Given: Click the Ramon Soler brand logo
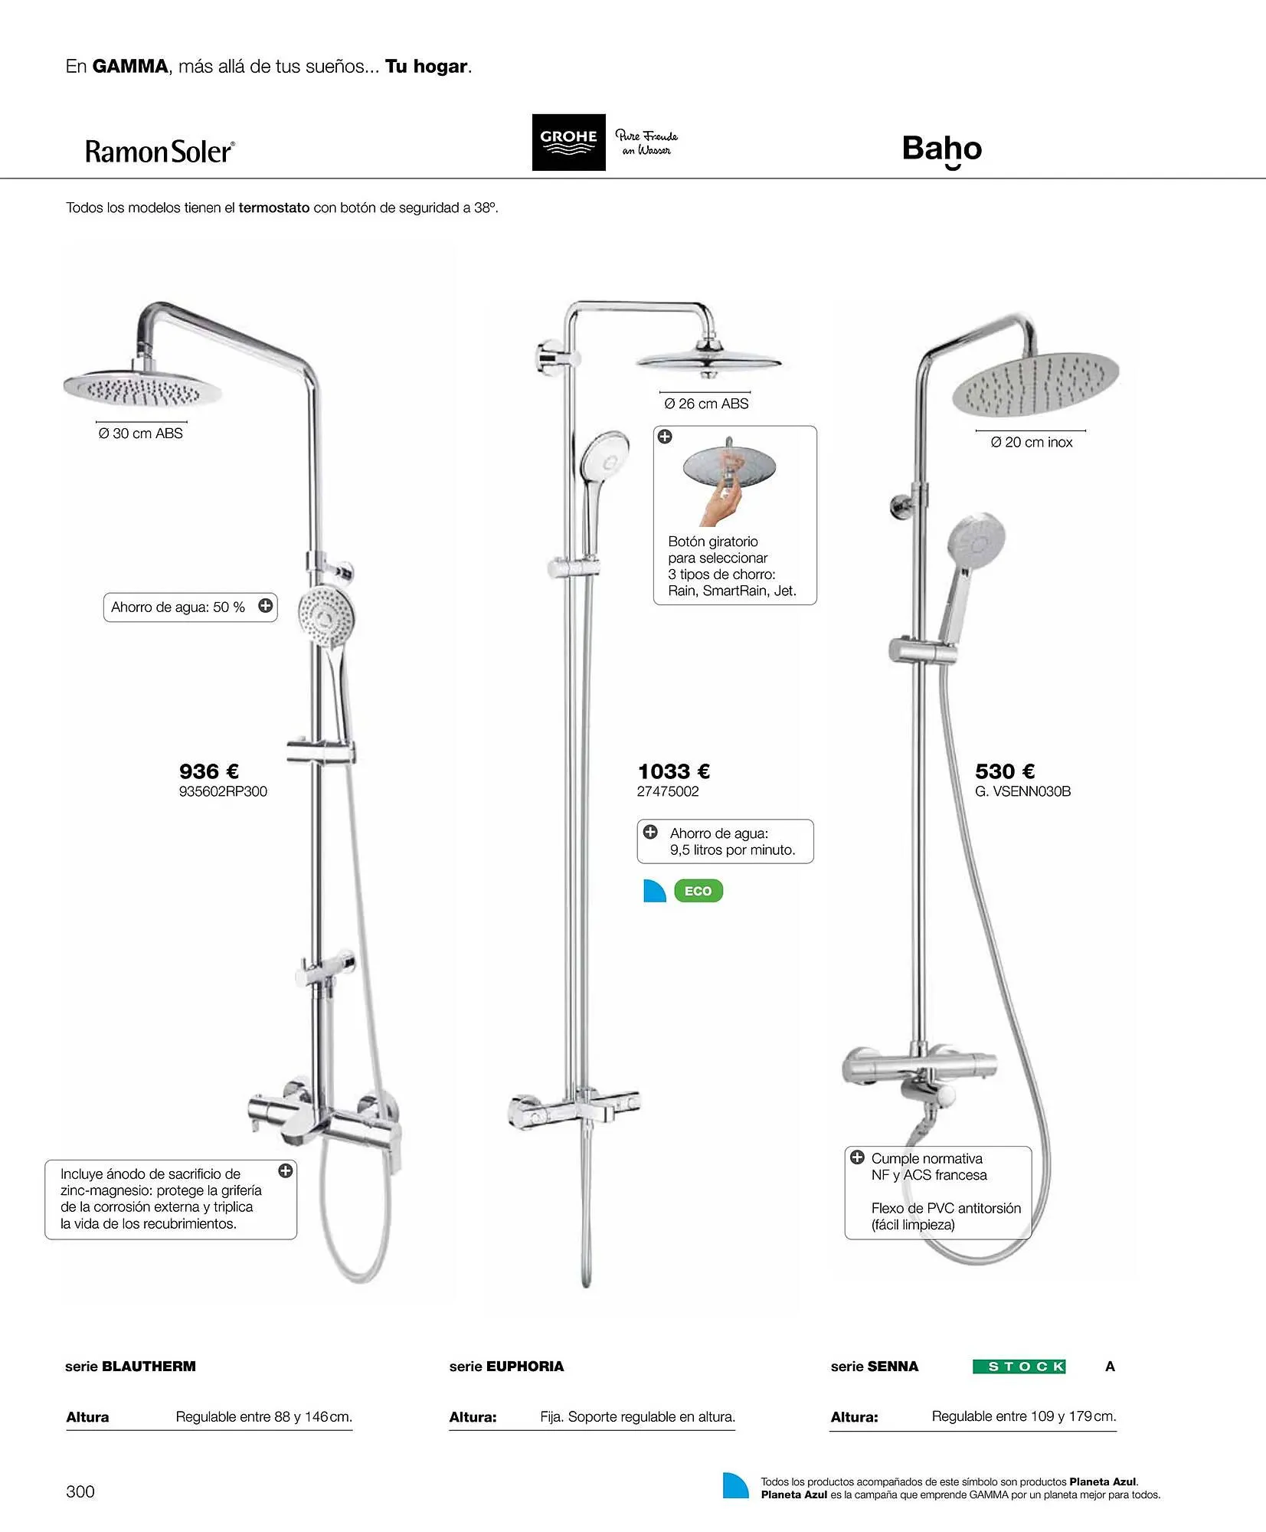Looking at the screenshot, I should pyautogui.click(x=159, y=152).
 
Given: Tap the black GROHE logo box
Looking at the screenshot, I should pyautogui.click(x=568, y=142).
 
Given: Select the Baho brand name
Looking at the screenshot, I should pyautogui.click(x=941, y=149).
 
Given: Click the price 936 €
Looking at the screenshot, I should pyautogui.click(x=209, y=771).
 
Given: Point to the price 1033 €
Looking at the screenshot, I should pyautogui.click(x=674, y=771).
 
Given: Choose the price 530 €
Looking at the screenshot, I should pyautogui.click(x=1005, y=771).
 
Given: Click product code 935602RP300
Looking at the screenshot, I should pyautogui.click(x=223, y=791).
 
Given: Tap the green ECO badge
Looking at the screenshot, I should pyautogui.click(x=698, y=891).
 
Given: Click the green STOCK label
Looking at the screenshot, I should pyautogui.click(x=1019, y=1367).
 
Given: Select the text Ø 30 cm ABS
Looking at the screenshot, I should pyautogui.click(x=141, y=434).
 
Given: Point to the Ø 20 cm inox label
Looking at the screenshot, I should pyautogui.click(x=1031, y=443).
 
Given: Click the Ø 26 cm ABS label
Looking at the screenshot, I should pyautogui.click(x=706, y=404).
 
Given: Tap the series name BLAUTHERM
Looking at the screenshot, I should pyautogui.click(x=149, y=1367).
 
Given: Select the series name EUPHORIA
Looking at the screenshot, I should pyautogui.click(x=525, y=1367).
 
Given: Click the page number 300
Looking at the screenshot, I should pyautogui.click(x=80, y=1491).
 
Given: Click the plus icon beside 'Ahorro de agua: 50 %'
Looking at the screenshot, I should pyautogui.click(x=265, y=606).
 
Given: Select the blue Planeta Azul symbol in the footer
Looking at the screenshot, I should pyautogui.click(x=735, y=1487).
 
